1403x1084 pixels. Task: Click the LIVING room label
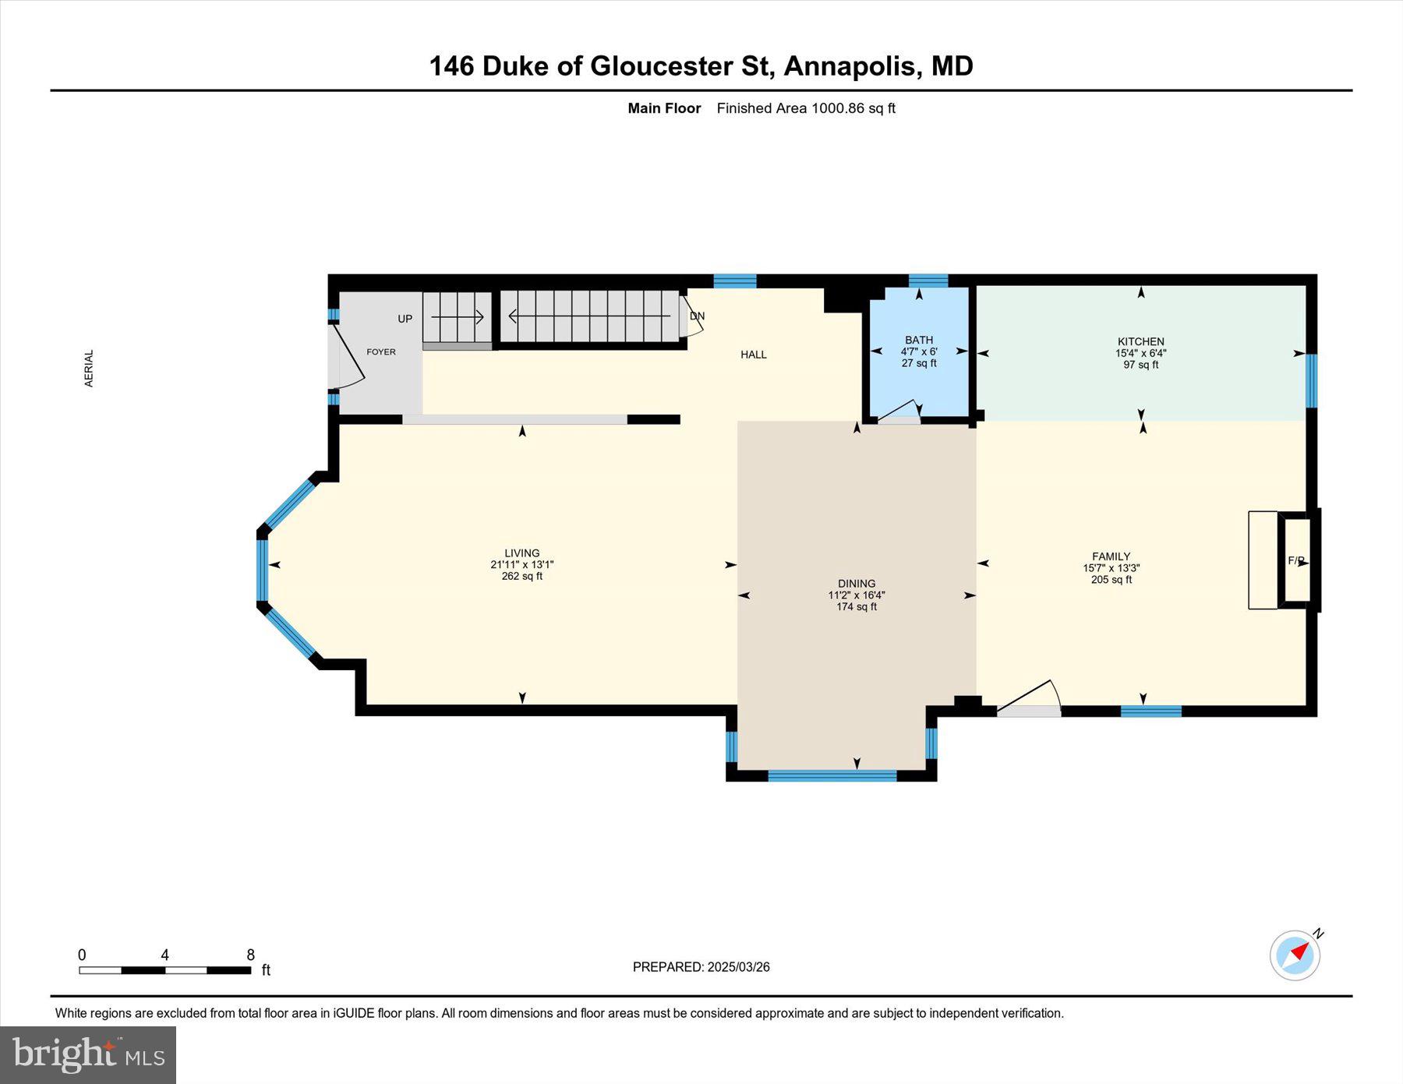click(x=521, y=553)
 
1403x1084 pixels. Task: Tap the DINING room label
click(x=857, y=584)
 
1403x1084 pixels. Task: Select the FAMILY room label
click(x=1111, y=556)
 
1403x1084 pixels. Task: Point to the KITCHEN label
click(x=1141, y=341)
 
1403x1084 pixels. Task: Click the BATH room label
click(x=919, y=340)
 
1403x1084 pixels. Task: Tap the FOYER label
click(x=381, y=352)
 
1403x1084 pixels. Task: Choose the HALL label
click(x=754, y=355)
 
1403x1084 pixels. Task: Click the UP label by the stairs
click(x=405, y=319)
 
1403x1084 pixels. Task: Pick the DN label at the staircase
click(x=697, y=316)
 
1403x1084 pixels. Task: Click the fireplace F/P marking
click(x=1295, y=560)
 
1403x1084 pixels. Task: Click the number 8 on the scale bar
click(x=250, y=955)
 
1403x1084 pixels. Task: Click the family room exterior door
click(x=1029, y=699)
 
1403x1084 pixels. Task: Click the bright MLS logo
click(x=88, y=1055)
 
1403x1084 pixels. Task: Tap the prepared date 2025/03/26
click(x=738, y=967)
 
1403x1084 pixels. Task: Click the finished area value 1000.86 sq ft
click(x=853, y=108)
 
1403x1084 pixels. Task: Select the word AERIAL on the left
click(x=89, y=369)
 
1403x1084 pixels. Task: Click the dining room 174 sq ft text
click(x=857, y=607)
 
